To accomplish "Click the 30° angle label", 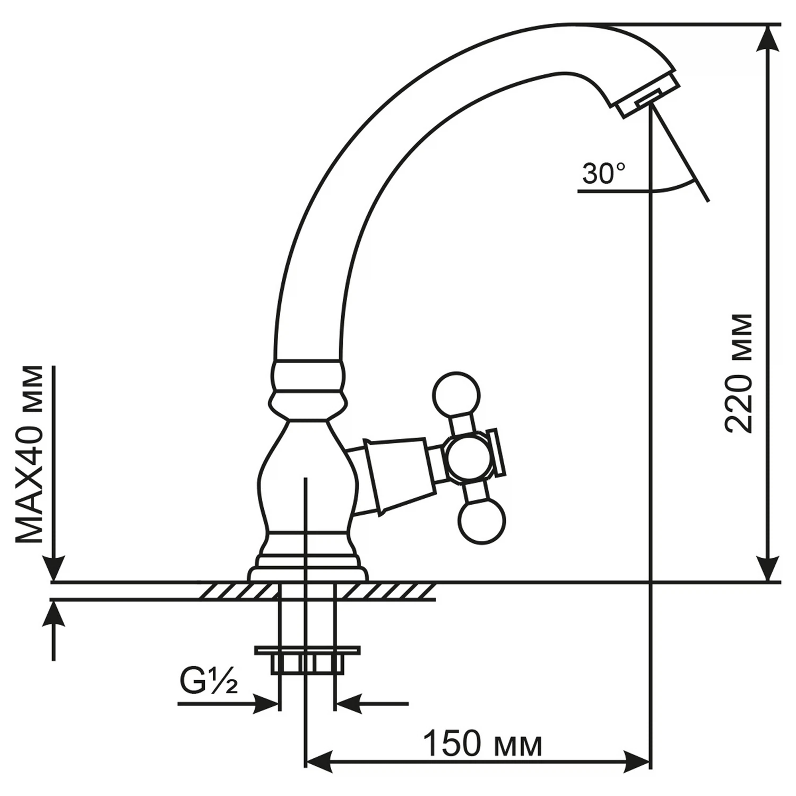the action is [604, 174].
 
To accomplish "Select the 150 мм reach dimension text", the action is [483, 745].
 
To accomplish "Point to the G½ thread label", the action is [209, 685].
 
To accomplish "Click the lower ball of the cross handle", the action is [482, 523].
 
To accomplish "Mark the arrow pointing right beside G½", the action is [228, 704].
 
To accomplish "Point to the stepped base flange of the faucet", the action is [308, 565].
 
